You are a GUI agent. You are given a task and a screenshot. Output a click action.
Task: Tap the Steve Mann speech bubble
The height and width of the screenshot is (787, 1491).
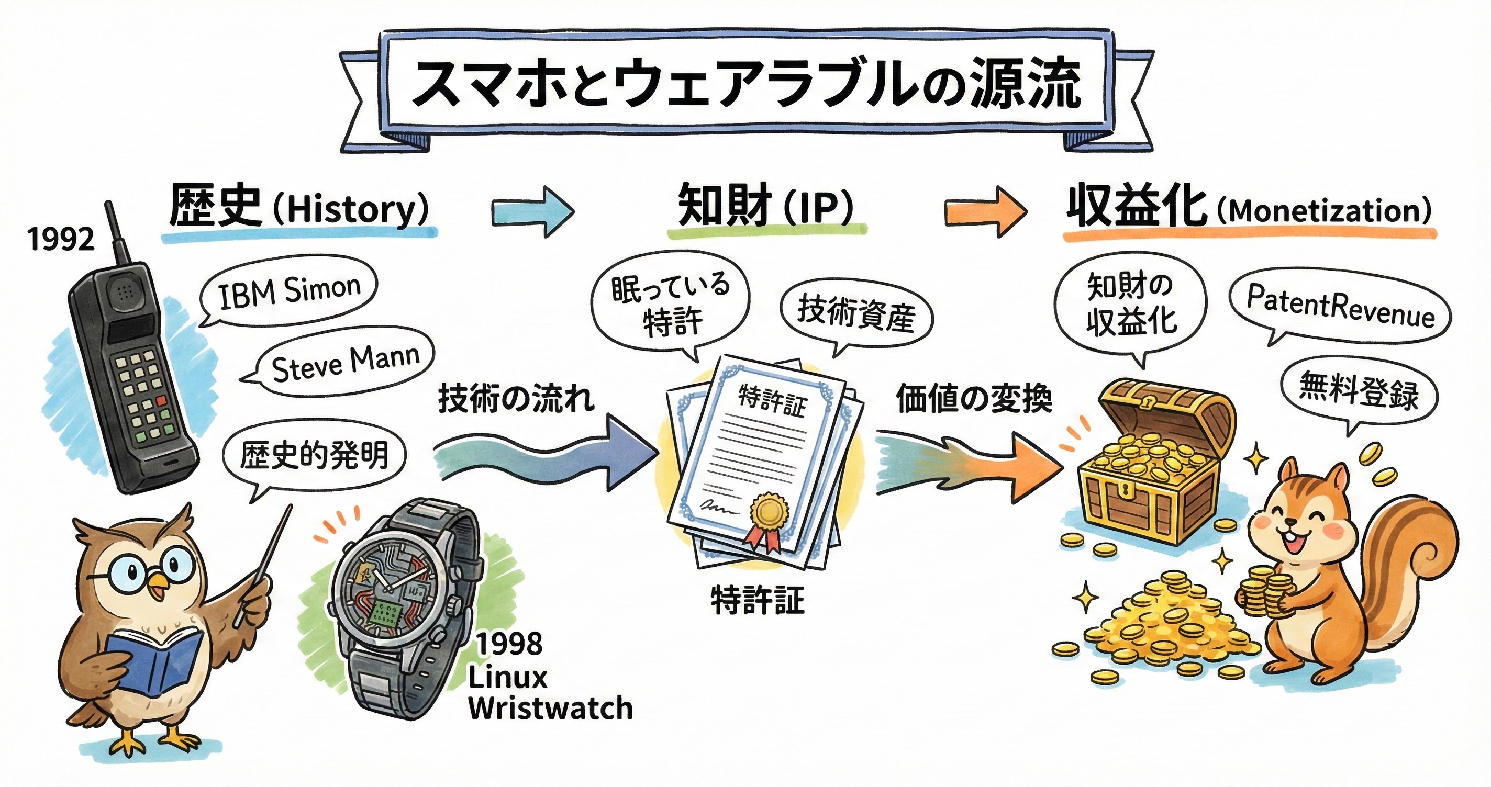point(345,363)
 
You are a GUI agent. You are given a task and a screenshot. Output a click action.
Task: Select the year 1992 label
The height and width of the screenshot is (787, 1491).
point(61,239)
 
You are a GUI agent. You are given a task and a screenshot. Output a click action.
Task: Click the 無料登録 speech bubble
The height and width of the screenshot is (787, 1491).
point(1359,390)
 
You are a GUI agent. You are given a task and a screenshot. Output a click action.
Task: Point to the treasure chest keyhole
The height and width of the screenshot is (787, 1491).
point(1125,491)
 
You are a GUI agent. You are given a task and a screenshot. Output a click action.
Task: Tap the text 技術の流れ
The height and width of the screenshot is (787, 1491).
point(516,399)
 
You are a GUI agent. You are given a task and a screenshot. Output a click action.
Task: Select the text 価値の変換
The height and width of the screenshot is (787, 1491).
point(974,399)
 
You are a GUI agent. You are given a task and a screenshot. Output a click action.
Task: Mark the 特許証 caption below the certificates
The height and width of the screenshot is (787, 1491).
point(758,601)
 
